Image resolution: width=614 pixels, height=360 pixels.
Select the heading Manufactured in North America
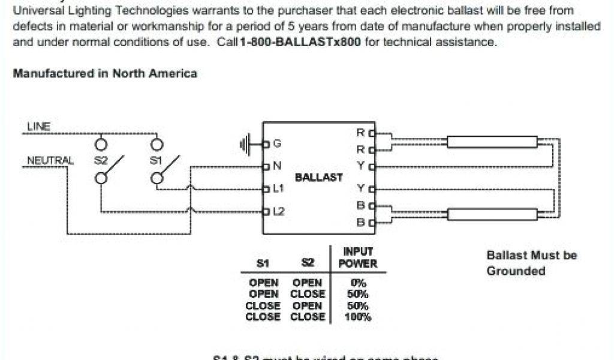click(x=105, y=74)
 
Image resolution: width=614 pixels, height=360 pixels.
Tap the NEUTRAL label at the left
click(x=49, y=161)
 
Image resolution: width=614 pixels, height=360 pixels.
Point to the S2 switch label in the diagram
click(x=101, y=161)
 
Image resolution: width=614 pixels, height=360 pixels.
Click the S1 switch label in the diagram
click(x=156, y=161)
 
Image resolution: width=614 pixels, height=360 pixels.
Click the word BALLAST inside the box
click(x=319, y=178)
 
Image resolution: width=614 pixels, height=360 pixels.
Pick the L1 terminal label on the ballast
click(x=278, y=189)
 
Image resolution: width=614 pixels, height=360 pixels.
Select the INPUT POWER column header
click(x=358, y=258)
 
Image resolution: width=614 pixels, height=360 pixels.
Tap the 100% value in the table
click(x=358, y=317)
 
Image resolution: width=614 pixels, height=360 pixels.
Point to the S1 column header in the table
click(x=263, y=263)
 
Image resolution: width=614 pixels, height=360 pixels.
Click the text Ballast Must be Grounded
click(x=531, y=263)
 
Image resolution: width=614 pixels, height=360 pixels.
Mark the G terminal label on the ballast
click(x=276, y=144)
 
